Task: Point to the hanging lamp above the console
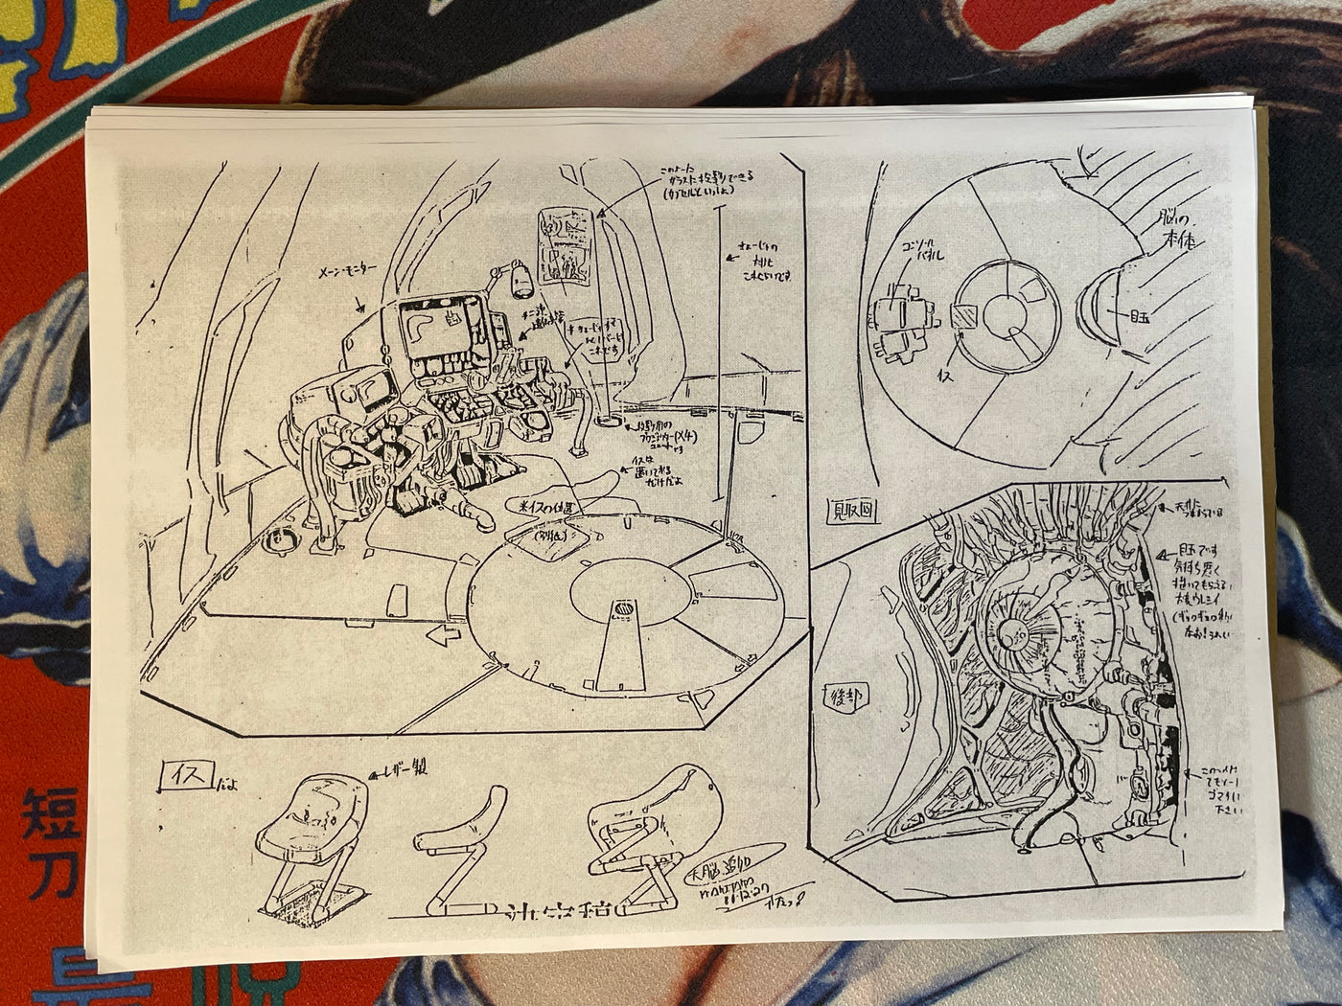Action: pos(519,282)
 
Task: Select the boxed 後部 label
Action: pos(837,698)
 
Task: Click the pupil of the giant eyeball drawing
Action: pos(1013,632)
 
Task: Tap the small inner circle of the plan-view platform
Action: pos(1009,312)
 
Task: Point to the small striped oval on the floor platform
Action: pos(621,609)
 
